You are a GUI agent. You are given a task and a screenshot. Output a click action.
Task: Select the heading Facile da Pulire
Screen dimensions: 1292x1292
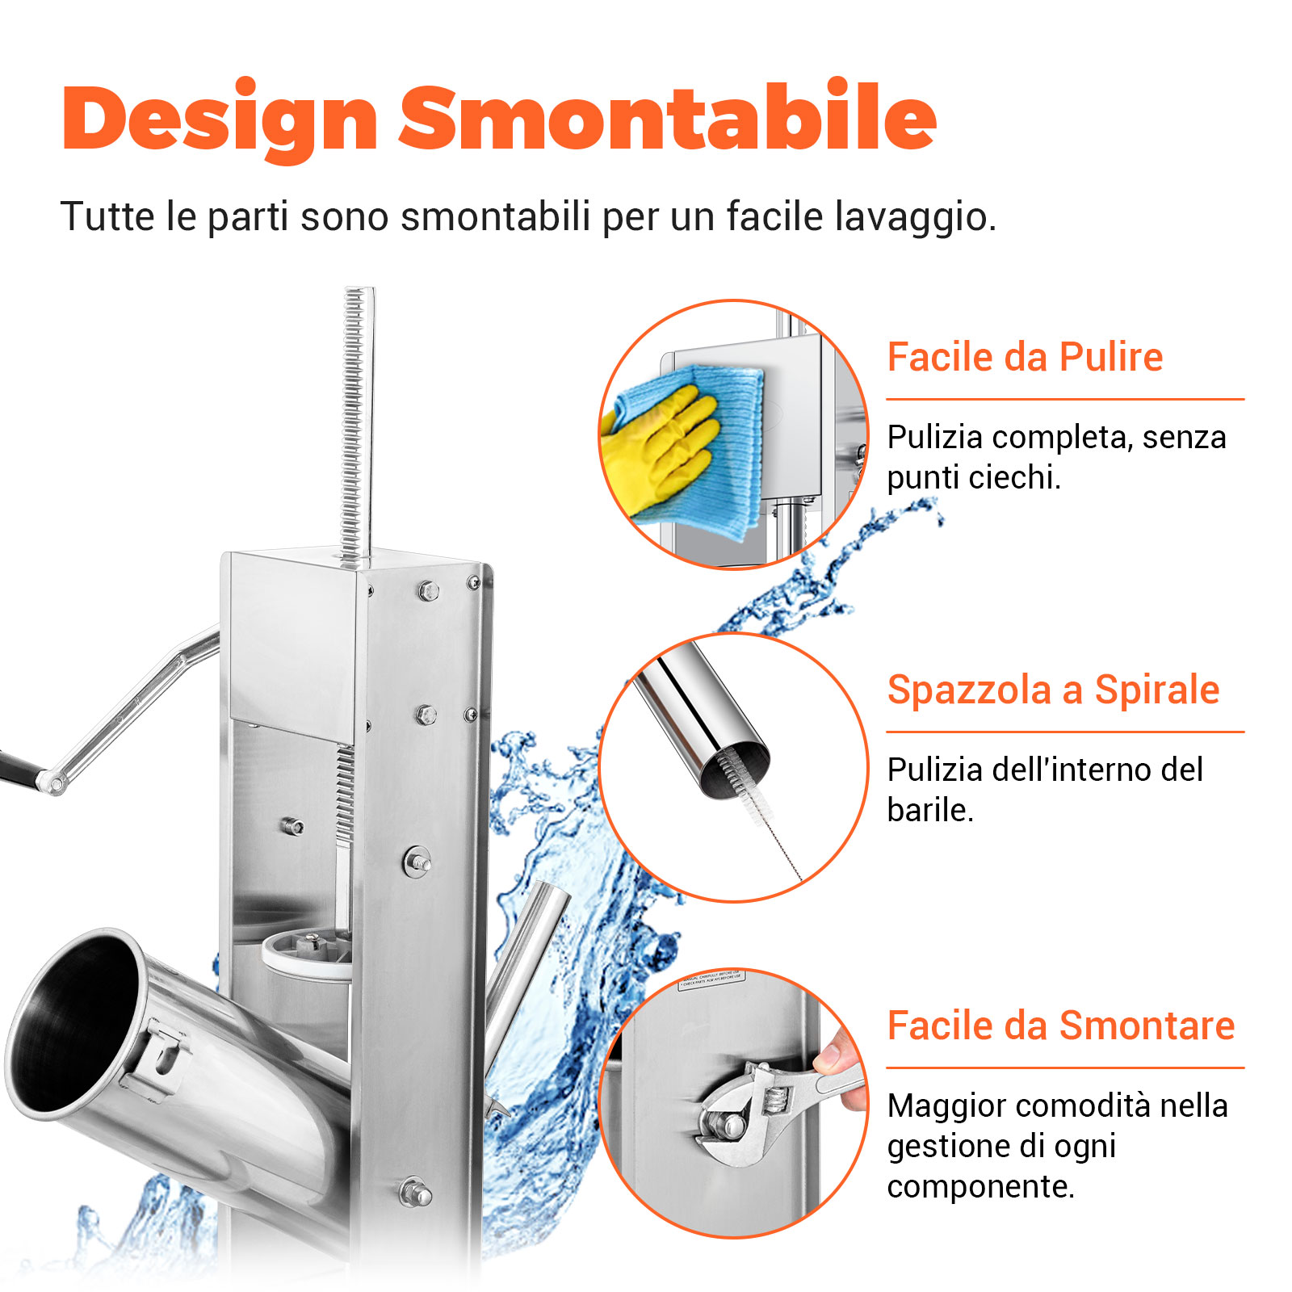(x=1025, y=357)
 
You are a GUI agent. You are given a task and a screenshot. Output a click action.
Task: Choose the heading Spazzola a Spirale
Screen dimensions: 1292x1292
(x=1053, y=690)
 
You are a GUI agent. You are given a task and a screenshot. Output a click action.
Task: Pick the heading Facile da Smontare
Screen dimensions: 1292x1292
(x=1061, y=1026)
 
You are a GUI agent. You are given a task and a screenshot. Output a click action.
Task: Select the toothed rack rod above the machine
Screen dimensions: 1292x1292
(x=355, y=420)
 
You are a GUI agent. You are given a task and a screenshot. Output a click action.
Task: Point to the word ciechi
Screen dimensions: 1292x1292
(x=1013, y=478)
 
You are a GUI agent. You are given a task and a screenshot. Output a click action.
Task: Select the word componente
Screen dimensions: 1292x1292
(x=979, y=1187)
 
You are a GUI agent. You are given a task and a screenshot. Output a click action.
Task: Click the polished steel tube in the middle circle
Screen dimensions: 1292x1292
(x=698, y=711)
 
